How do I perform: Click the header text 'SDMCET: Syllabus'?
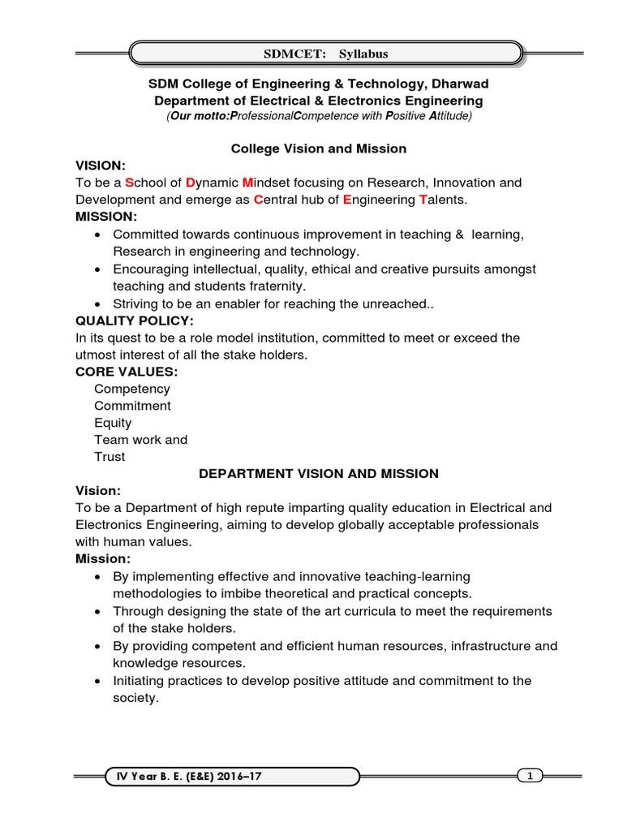click(324, 54)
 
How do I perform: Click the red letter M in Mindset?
click(248, 183)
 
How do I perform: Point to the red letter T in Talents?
click(423, 200)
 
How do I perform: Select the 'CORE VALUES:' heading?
click(126, 372)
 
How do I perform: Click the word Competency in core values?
click(132, 389)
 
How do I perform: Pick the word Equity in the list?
click(113, 423)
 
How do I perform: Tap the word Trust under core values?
click(110, 457)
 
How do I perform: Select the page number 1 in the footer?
click(530, 777)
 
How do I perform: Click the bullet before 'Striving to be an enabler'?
click(97, 304)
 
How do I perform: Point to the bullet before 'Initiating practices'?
click(97, 681)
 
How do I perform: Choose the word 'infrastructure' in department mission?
click(484, 647)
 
